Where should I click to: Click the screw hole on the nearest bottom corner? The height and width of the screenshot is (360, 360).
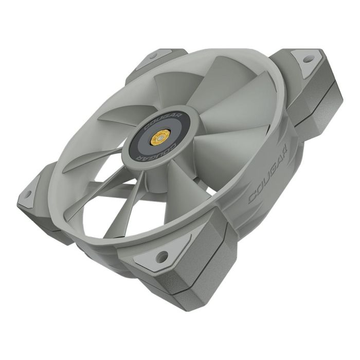(x=163, y=254)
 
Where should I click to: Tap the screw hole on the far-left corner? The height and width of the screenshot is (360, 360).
(x=28, y=194)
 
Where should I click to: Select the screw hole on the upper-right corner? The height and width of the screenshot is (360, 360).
(x=308, y=60)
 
